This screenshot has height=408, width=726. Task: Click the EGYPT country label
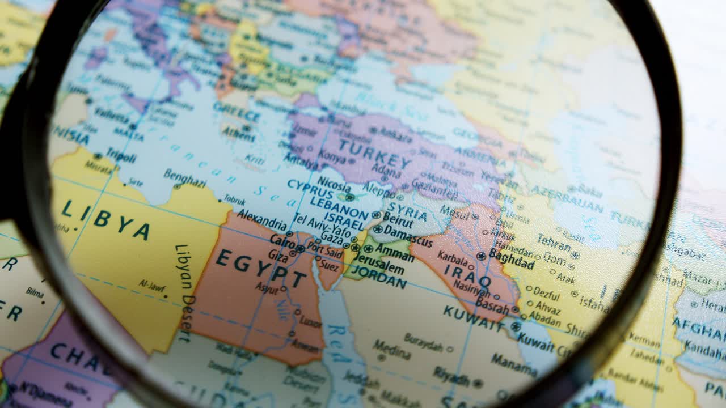click(261, 268)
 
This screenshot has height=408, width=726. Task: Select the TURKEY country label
click(374, 154)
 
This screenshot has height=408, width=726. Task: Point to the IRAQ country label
click(467, 276)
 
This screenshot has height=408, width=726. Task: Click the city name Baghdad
click(512, 260)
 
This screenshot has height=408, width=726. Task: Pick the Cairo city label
click(282, 240)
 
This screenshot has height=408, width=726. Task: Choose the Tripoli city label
click(121, 156)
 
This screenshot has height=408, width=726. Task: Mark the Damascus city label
click(408, 236)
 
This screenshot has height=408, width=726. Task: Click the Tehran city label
click(553, 243)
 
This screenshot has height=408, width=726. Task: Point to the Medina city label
click(391, 349)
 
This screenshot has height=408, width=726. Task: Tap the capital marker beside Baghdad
click(482, 256)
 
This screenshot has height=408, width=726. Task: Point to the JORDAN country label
click(379, 277)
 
